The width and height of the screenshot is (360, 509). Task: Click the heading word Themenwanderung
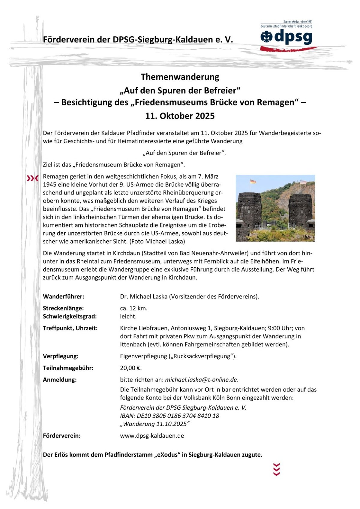pyautogui.click(x=180, y=77)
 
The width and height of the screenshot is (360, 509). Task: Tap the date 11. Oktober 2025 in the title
pyautogui.click(x=180, y=116)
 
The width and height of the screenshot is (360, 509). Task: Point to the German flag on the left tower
pyautogui.click(x=253, y=181)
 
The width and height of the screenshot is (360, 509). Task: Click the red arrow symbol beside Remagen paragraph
pyautogui.click(x=33, y=178)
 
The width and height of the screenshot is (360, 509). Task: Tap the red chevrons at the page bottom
pyautogui.click(x=276, y=469)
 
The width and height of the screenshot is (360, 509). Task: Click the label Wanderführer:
pyautogui.click(x=64, y=297)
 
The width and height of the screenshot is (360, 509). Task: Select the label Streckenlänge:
pyautogui.click(x=63, y=308)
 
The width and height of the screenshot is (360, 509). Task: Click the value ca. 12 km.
pyautogui.click(x=134, y=308)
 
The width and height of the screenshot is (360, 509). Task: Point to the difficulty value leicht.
pyautogui.click(x=128, y=316)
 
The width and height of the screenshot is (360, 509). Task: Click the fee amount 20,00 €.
pyautogui.click(x=131, y=368)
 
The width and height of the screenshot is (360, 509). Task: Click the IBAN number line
pyautogui.click(x=169, y=416)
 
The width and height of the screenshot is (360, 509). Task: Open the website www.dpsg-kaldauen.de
pyautogui.click(x=152, y=435)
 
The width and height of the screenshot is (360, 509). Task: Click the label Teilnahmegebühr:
pyautogui.click(x=68, y=368)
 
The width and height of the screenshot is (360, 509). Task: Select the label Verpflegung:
pyautogui.click(x=61, y=356)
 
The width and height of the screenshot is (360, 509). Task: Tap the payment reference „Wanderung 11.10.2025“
pyautogui.click(x=155, y=424)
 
